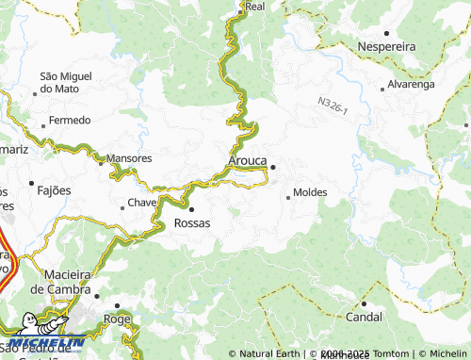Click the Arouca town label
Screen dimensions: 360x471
click(x=248, y=161)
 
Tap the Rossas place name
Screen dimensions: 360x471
click(x=192, y=223)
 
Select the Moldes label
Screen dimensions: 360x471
click(x=310, y=192)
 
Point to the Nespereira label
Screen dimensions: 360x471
click(x=387, y=44)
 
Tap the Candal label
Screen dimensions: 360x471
click(x=363, y=317)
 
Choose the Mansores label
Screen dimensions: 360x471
click(x=129, y=158)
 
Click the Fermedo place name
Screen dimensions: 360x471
click(x=71, y=120)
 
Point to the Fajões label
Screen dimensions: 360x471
click(x=54, y=190)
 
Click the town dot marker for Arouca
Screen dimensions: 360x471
click(x=273, y=168)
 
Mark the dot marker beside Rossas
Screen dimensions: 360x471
click(x=191, y=209)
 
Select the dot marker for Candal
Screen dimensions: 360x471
click(x=364, y=303)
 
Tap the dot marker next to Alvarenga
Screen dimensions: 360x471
click(x=382, y=89)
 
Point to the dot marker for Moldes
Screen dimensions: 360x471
click(x=288, y=198)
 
